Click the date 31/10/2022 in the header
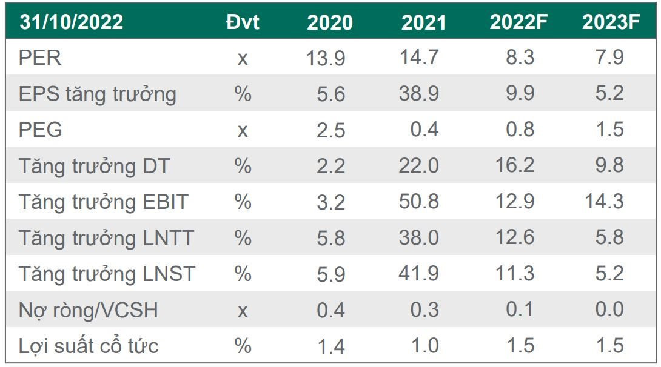pos(71,22)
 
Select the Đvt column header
pos(242,22)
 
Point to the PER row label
pos(40,58)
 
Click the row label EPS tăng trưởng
pos(98,94)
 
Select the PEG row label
pos(41,130)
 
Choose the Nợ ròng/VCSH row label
pos(89,310)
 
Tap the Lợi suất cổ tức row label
pos(89,346)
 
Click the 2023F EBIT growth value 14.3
pos(605,202)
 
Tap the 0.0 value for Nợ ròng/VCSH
pos(609,309)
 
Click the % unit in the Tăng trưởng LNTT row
pos(243,238)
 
